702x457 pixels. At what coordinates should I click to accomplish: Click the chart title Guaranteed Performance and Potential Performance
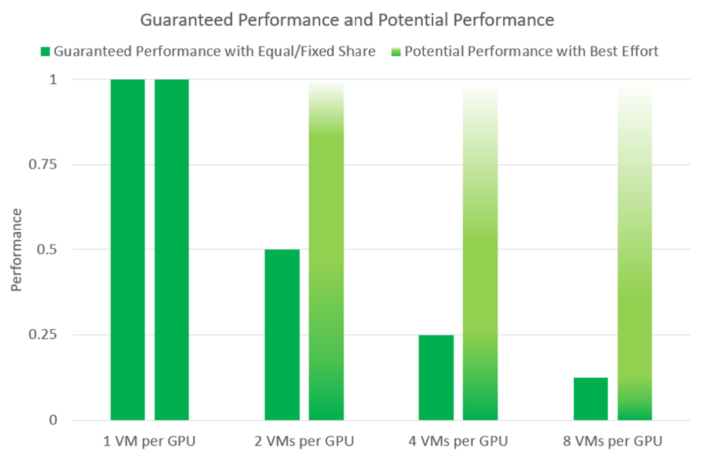click(347, 20)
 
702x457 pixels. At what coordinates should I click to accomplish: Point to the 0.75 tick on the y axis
click(42, 165)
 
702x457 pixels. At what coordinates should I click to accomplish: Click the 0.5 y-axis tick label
click(46, 249)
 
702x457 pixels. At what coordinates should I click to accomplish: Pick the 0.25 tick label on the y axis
click(42, 335)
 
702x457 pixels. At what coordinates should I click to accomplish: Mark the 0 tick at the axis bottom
click(53, 420)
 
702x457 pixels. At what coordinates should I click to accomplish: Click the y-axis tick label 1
click(53, 79)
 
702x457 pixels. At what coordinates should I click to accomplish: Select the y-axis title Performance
click(16, 250)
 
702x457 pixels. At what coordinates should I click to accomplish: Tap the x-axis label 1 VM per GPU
click(149, 441)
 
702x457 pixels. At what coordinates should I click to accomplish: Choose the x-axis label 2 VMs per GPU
click(304, 441)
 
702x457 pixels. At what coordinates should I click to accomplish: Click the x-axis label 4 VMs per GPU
click(458, 441)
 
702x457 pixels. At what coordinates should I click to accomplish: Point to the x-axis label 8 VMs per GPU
click(613, 441)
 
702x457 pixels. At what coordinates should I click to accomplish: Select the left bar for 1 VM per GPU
click(128, 249)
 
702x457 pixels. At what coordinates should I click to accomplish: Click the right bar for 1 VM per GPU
click(172, 249)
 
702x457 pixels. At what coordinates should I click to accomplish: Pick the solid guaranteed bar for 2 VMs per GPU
click(282, 334)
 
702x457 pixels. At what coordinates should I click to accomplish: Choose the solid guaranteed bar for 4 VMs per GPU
click(436, 377)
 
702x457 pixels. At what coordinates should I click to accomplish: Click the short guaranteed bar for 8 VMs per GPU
click(591, 399)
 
